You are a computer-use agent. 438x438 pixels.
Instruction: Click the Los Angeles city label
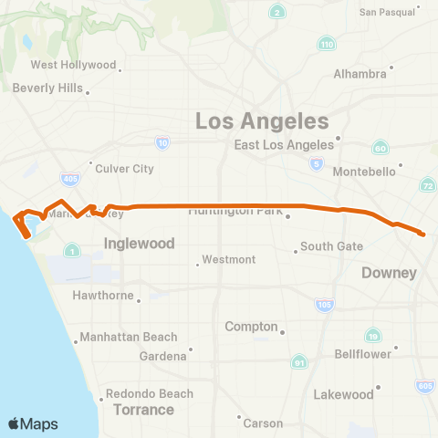click(x=262, y=121)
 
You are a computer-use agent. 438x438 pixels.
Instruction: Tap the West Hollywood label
click(x=74, y=65)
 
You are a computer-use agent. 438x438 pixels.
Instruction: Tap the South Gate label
click(x=332, y=246)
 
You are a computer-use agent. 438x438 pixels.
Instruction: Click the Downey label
click(x=389, y=273)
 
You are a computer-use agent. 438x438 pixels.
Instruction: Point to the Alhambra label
click(x=360, y=73)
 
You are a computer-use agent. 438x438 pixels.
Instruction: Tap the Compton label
click(x=251, y=327)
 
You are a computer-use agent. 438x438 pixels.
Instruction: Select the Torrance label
click(x=143, y=410)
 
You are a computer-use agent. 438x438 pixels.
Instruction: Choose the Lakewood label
click(x=344, y=395)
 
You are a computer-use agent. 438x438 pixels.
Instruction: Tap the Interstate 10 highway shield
click(x=162, y=142)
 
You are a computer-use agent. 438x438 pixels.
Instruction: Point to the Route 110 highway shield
click(x=327, y=44)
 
